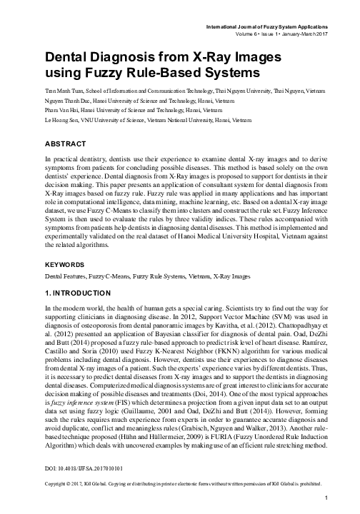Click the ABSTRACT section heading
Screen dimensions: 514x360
pyautogui.click(x=66, y=143)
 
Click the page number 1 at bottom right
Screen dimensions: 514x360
pyautogui.click(x=325, y=498)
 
